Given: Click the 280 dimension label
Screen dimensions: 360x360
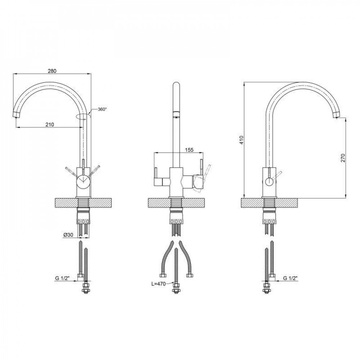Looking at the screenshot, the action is tap(52, 71).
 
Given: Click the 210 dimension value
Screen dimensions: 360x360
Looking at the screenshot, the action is tap(50, 125).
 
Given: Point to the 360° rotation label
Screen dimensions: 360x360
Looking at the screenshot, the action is tap(102, 109).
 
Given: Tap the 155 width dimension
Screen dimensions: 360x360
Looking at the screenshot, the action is tap(189, 150).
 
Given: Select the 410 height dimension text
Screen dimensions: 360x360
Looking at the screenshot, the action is tap(241, 140).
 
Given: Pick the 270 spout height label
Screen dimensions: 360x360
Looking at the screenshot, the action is tap(343, 158).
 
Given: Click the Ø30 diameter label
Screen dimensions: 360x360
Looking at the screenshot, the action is tap(68, 235).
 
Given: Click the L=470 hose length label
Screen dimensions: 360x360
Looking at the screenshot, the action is tap(158, 284).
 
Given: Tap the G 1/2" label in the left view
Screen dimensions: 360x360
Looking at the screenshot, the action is tap(62, 278).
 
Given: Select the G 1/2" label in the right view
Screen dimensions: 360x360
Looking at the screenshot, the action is tap(290, 278).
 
